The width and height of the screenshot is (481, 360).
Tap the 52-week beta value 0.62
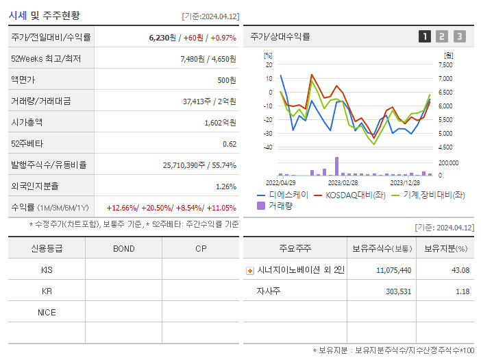[x=230, y=143]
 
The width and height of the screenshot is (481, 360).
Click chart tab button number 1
[x=425, y=36]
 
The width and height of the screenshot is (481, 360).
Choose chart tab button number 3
[x=459, y=36]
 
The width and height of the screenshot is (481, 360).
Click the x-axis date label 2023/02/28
[x=343, y=182]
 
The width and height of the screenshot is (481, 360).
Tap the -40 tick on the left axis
[x=268, y=147]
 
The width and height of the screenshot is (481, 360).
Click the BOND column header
[x=123, y=248]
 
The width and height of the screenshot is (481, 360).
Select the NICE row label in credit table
[x=47, y=312]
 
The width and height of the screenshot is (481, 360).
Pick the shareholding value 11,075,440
[x=393, y=270]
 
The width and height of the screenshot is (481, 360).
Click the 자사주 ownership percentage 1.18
[x=463, y=291]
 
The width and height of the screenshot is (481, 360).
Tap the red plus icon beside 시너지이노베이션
[x=250, y=270]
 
